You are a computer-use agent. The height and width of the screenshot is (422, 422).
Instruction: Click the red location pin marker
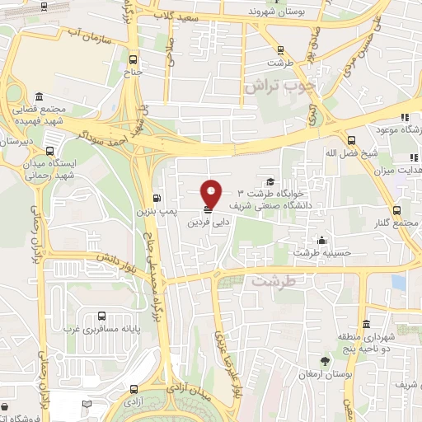[x=211, y=193]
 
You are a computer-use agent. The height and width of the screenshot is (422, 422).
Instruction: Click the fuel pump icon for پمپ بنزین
[x=157, y=198]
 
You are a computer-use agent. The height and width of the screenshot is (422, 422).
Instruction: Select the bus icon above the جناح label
[x=134, y=59]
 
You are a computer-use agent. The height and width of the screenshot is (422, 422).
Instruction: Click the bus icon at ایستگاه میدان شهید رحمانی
[x=51, y=152]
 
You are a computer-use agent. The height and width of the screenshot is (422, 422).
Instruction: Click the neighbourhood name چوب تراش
[x=274, y=86]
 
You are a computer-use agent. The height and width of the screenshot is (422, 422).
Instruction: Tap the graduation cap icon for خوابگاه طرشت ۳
[x=270, y=181]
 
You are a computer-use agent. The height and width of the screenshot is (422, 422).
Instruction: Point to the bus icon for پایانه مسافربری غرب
[x=101, y=316]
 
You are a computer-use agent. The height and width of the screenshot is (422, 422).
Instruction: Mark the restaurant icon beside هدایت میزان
[x=410, y=157]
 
